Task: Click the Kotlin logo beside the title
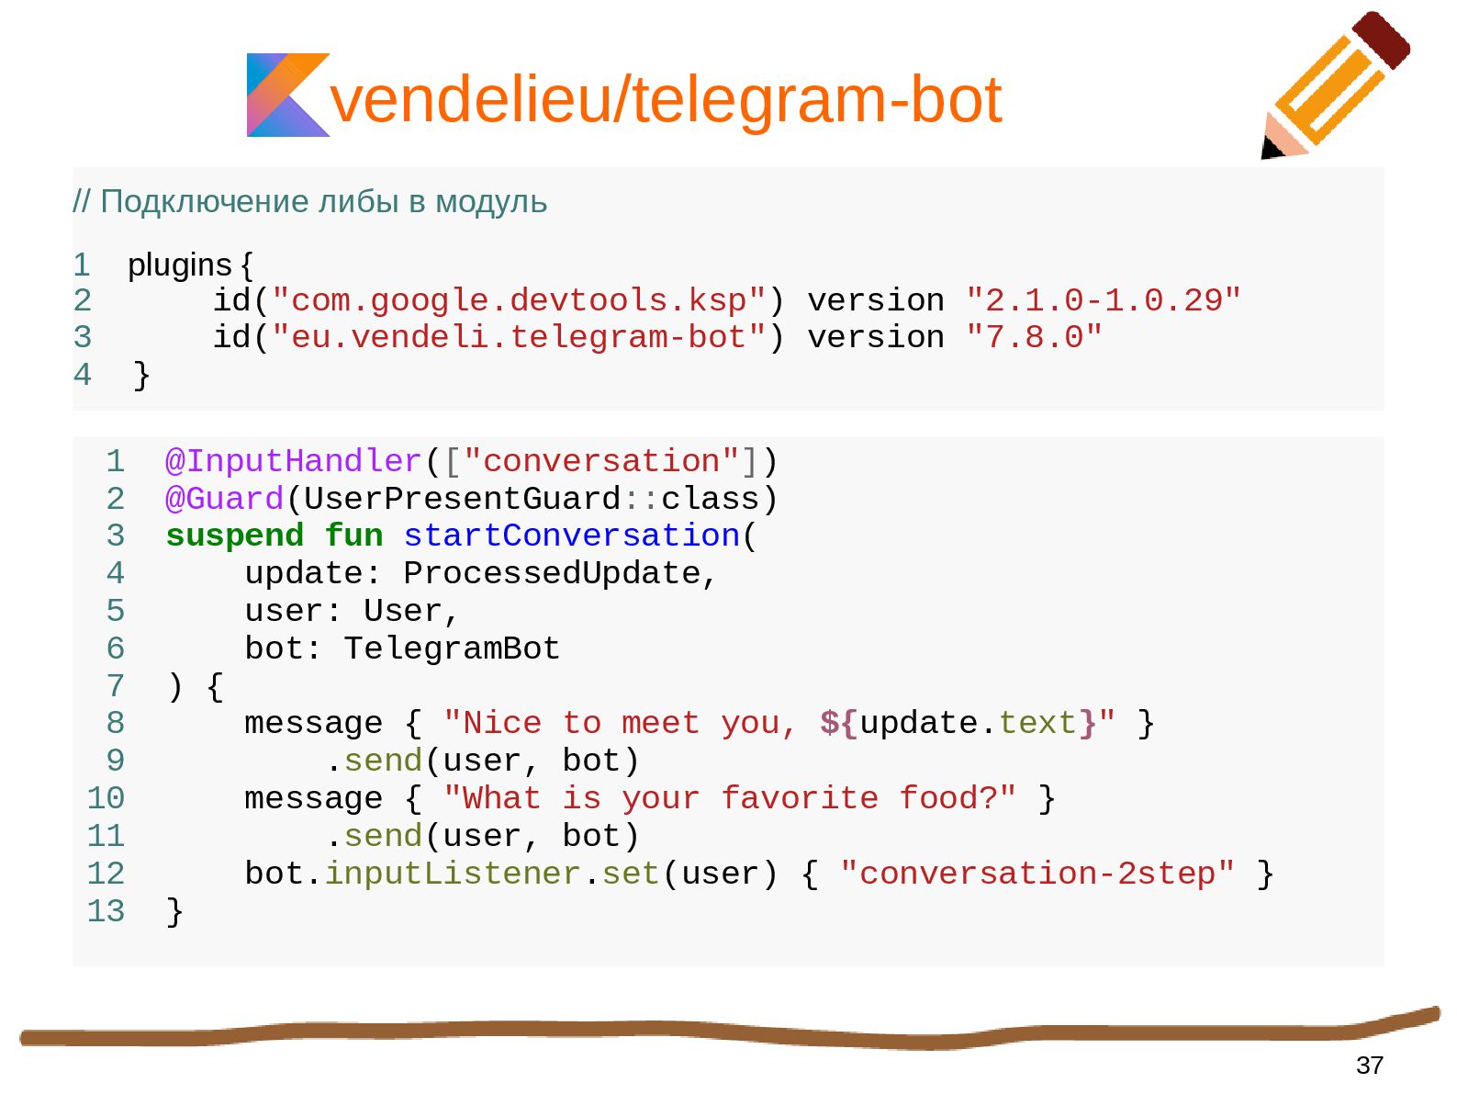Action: (286, 96)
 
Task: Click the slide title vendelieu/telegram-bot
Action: (665, 99)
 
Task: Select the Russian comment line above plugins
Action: (310, 201)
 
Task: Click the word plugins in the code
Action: (179, 265)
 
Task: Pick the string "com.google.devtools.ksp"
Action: (519, 300)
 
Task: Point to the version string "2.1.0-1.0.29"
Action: (1104, 300)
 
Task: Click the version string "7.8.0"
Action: (1034, 337)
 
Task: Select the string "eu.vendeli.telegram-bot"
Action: (519, 337)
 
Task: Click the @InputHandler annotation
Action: (293, 461)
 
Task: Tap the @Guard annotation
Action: (224, 499)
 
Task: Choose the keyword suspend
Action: (234, 536)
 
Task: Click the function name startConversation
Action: (571, 536)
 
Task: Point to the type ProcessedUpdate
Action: (552, 573)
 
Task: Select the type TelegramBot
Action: (452, 649)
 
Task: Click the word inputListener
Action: (452, 874)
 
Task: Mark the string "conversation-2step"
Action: (1037, 874)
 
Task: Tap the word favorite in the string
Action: (799, 798)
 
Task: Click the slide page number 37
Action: (1369, 1066)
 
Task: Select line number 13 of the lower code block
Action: (106, 911)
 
